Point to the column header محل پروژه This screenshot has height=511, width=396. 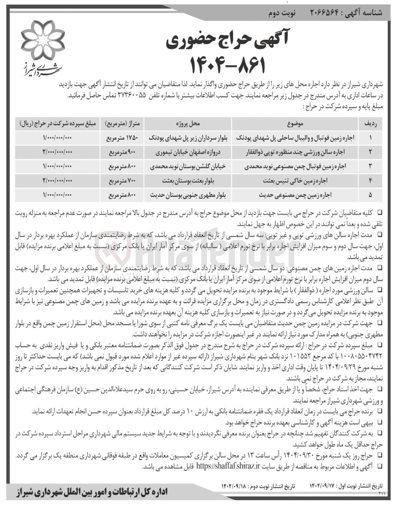(188, 123)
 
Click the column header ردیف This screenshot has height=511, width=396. (370, 123)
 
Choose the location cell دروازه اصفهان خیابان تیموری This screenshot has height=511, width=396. (188, 152)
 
